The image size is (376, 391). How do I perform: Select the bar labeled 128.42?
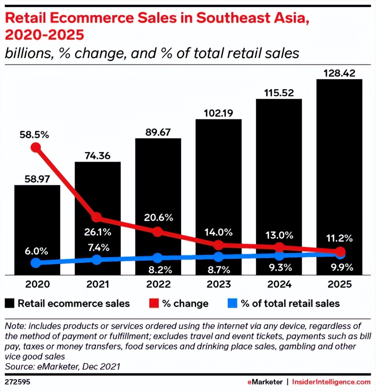pyautogui.click(x=339, y=167)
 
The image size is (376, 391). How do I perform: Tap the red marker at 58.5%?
pyautogui.click(x=36, y=148)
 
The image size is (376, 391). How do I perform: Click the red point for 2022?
pyautogui.click(x=158, y=232)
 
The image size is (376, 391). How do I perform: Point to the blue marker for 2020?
pyautogui.click(x=36, y=263)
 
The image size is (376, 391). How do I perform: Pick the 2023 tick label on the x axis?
pyautogui.click(x=219, y=284)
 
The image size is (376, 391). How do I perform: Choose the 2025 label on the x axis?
pyautogui.click(x=340, y=284)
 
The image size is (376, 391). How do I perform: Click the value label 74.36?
pyautogui.click(x=97, y=156)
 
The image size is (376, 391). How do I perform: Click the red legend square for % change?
pyautogui.click(x=154, y=303)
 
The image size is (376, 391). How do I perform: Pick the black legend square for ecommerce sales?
pyautogui.click(x=10, y=303)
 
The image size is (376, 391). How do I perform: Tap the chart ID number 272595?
pyautogui.click(x=17, y=382)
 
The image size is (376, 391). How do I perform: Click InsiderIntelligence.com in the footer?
pyautogui.click(x=332, y=382)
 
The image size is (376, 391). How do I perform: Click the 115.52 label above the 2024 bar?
pyautogui.click(x=279, y=93)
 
